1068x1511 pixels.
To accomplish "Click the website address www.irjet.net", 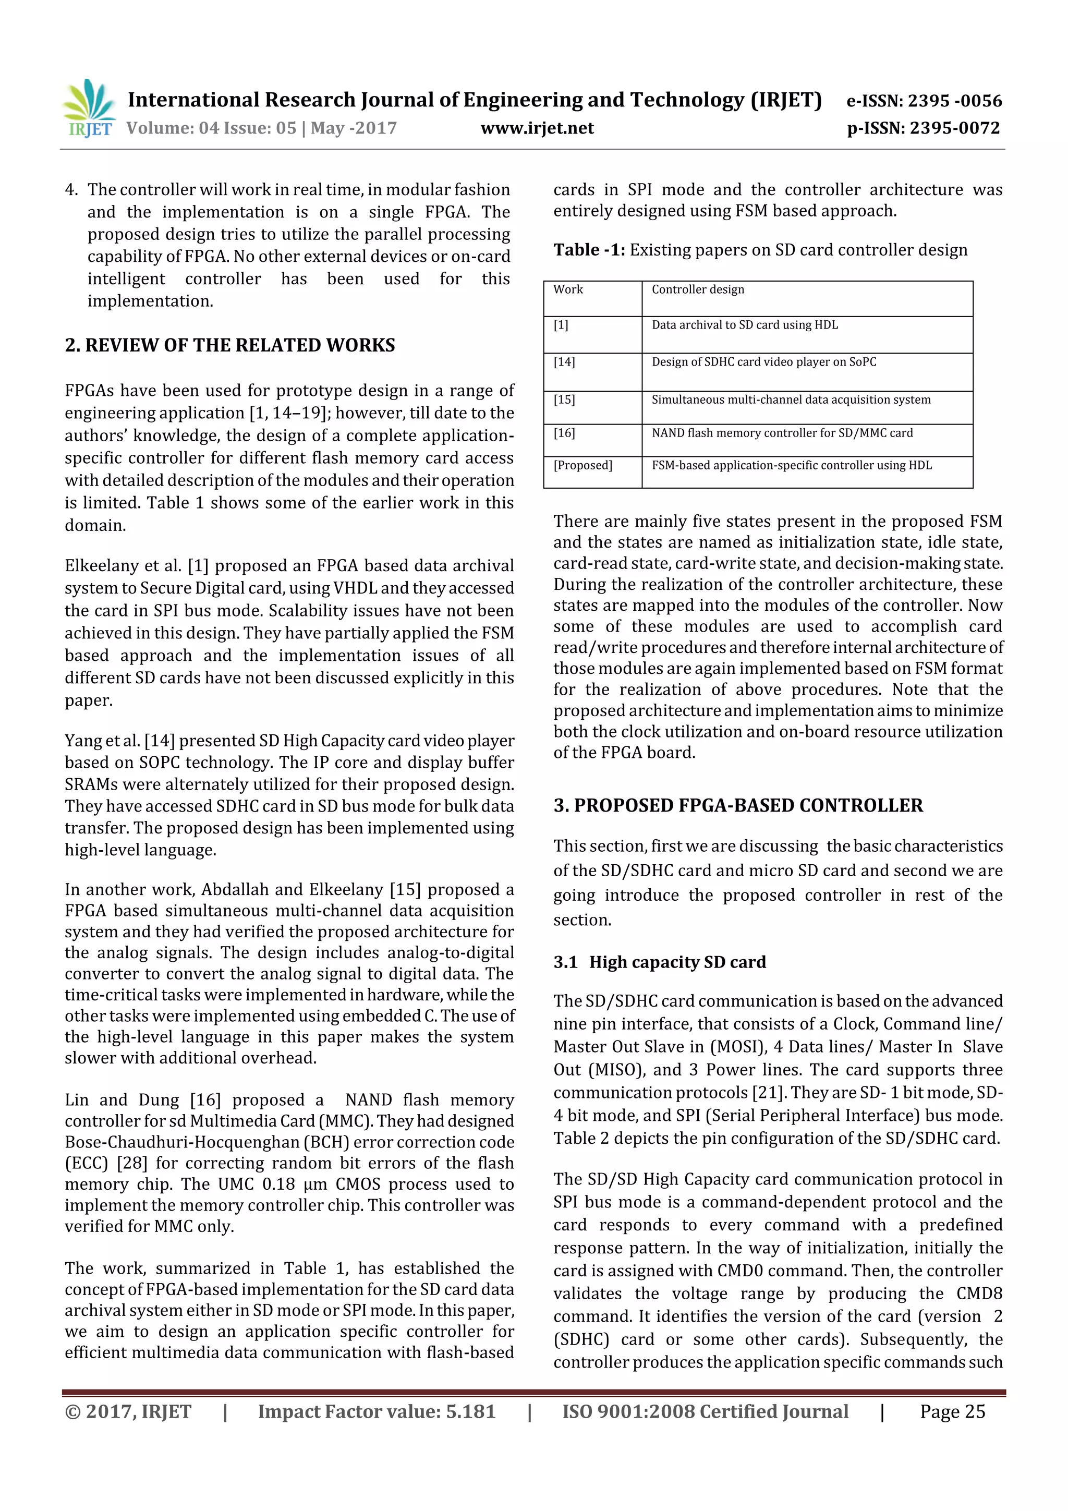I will [537, 128].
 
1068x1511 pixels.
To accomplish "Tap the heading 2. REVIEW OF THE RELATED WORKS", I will [229, 345].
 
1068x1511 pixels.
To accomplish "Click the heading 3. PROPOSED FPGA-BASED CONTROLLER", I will [738, 805].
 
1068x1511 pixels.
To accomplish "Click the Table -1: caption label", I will [589, 249].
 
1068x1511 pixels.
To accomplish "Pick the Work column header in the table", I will [568, 289].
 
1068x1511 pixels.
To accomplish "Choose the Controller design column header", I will [698, 289].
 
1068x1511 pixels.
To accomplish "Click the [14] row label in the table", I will [564, 362].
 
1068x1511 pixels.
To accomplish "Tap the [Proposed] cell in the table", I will [582, 465].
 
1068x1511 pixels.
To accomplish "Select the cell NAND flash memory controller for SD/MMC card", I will [782, 433].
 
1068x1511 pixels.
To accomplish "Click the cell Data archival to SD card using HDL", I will [744, 325].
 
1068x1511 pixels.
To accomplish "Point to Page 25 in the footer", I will [952, 1411].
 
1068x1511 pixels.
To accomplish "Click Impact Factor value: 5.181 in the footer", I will [376, 1411].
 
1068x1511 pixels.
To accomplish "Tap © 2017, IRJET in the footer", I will [128, 1411].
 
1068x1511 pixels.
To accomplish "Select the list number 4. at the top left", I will [71, 189].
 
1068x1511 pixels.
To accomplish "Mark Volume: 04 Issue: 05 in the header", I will [211, 128].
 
